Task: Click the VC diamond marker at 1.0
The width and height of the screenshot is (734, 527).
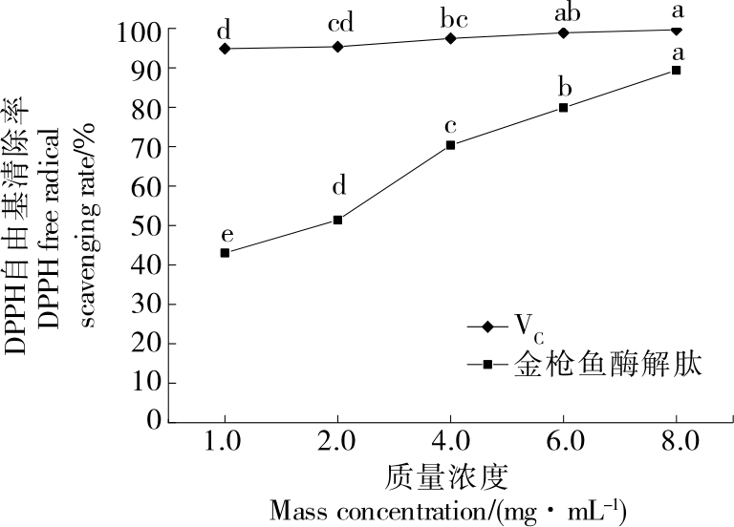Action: [x=225, y=49]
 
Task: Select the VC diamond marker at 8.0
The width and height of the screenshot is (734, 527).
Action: [x=677, y=30]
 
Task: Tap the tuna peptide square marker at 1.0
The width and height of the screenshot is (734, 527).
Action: [x=225, y=253]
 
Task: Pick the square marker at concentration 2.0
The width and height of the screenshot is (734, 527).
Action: [x=337, y=220]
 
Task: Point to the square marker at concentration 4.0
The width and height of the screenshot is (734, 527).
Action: [x=450, y=145]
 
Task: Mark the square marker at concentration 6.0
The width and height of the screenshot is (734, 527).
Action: [x=564, y=107]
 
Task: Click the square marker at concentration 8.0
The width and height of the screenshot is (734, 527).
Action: [x=677, y=70]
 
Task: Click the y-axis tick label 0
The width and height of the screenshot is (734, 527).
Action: [x=151, y=421]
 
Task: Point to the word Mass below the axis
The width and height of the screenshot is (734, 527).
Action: [x=296, y=508]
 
